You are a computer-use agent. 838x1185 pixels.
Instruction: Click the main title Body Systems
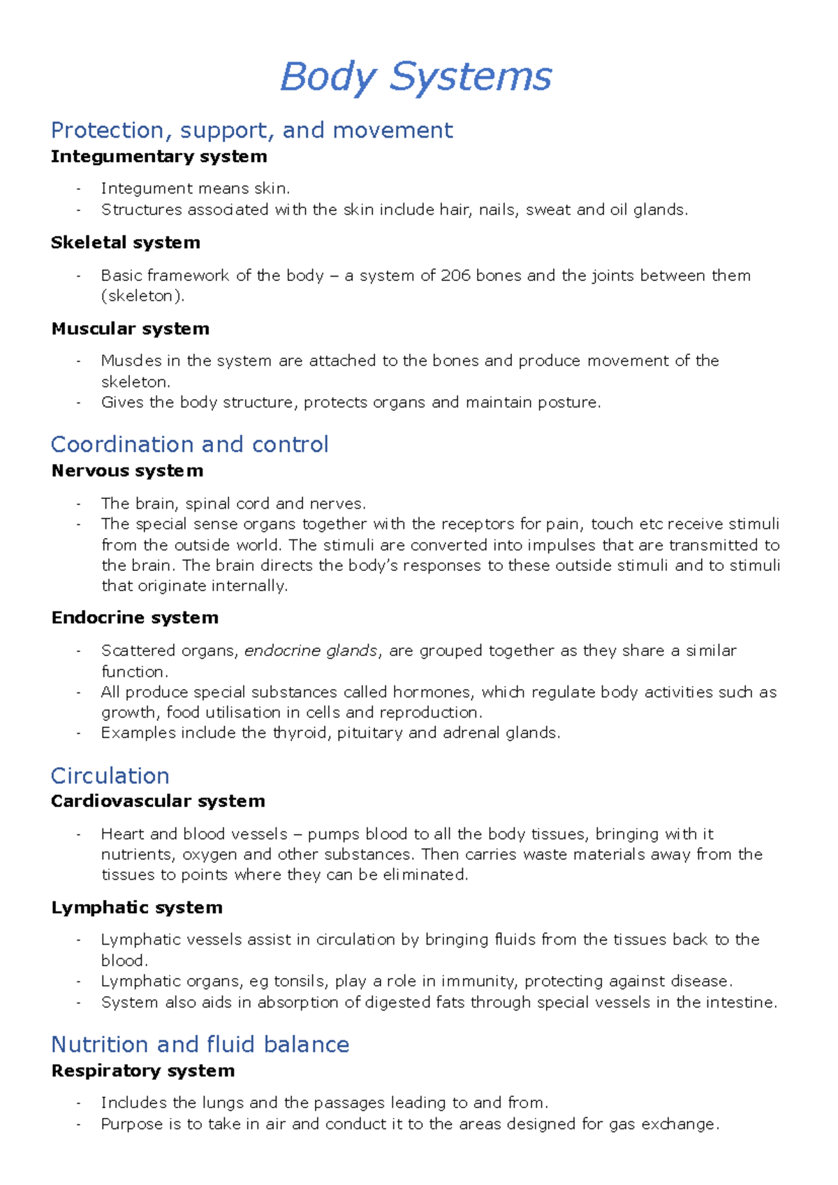416,77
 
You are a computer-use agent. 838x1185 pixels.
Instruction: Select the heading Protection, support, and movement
251,131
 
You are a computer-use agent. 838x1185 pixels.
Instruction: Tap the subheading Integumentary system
159,157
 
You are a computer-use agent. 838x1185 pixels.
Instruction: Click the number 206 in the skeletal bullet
455,275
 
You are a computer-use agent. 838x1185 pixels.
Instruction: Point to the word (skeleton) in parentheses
143,296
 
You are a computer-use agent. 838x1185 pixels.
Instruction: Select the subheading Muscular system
131,329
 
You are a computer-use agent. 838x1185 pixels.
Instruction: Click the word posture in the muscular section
568,402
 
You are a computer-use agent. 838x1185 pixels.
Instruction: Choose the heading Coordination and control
189,444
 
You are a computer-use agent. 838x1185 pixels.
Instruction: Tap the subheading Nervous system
127,471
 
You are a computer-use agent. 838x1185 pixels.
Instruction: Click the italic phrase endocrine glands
311,650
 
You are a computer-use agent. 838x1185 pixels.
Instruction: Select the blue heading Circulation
110,776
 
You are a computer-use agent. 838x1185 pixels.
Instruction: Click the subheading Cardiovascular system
158,801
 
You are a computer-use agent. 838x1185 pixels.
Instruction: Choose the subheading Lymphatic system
137,908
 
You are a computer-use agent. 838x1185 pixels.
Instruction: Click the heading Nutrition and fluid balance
200,1045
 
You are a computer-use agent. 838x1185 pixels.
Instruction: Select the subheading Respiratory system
142,1071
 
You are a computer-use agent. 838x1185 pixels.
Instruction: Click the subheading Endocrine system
135,618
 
